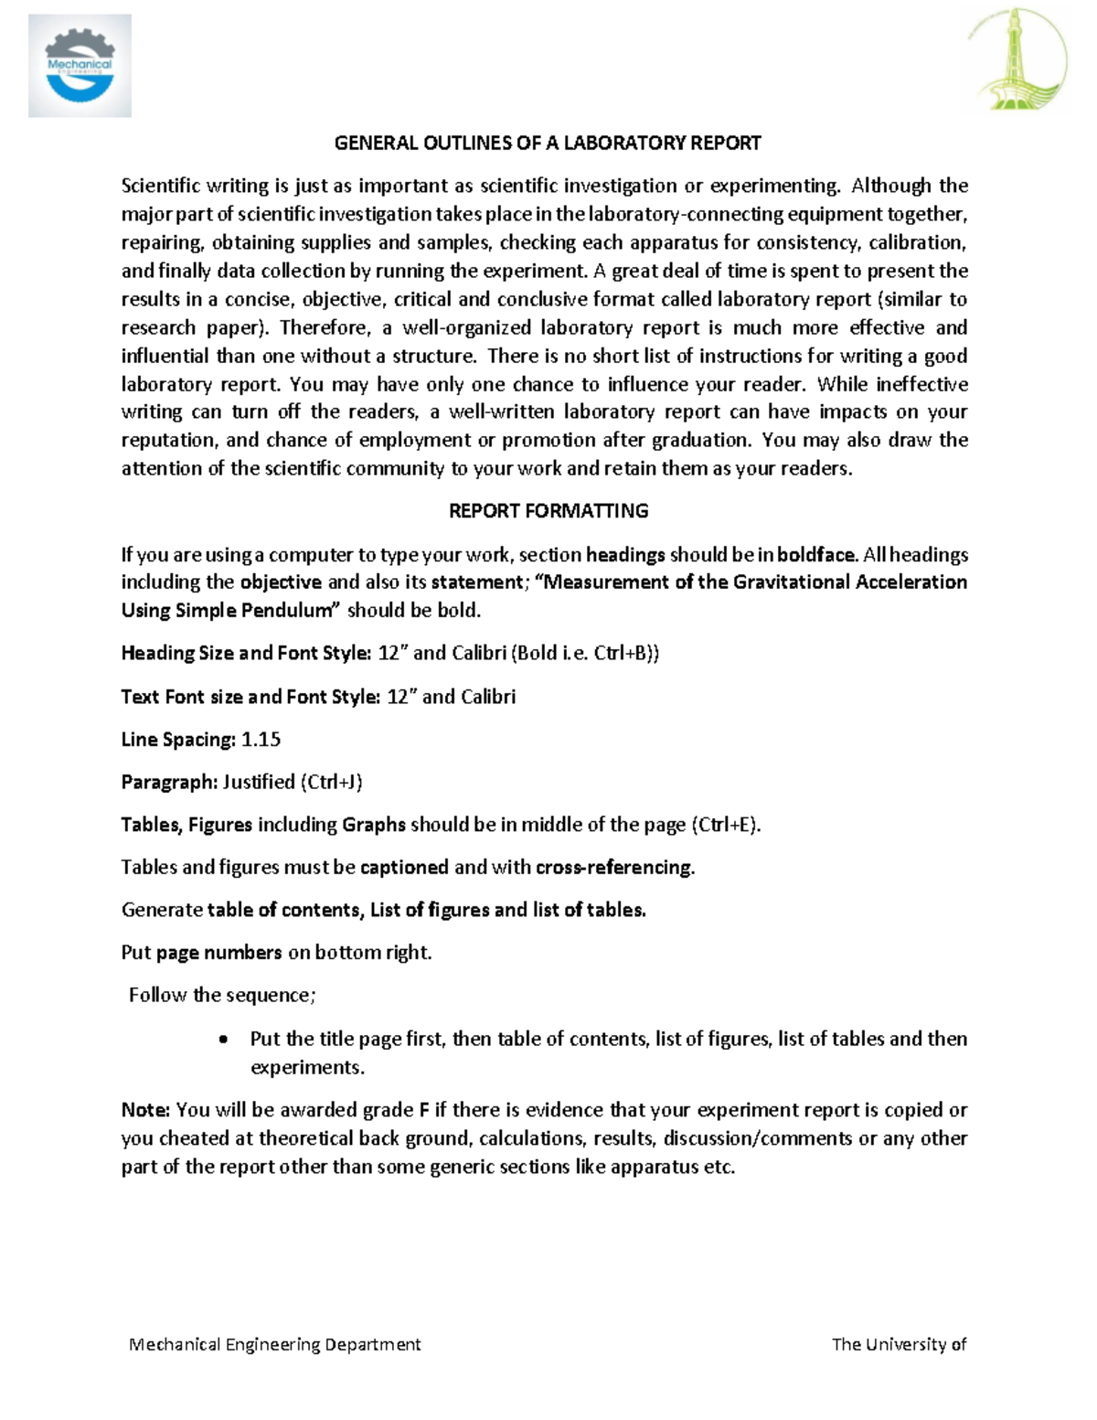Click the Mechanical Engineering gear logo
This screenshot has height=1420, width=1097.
tap(80, 66)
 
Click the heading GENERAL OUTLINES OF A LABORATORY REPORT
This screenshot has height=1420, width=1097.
tap(548, 143)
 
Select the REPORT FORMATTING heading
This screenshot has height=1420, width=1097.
tap(548, 511)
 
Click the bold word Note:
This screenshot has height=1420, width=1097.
tap(145, 1110)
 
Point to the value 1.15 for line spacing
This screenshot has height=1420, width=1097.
tap(261, 740)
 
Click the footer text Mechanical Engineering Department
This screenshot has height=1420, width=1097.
tap(275, 1344)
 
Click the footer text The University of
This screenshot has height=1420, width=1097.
tap(899, 1344)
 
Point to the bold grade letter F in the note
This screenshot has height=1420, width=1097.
tap(423, 1110)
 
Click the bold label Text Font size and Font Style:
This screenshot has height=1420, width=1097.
tap(250, 697)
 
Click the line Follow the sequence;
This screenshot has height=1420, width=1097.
tap(222, 995)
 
